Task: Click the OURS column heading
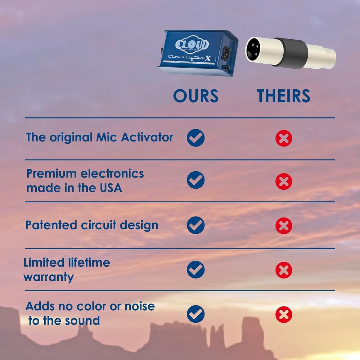[x=195, y=96]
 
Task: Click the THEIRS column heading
[x=283, y=96]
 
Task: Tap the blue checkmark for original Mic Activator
[x=195, y=138]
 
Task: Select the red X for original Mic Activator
[x=284, y=138]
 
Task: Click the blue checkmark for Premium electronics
[x=195, y=180]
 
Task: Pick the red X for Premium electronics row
[x=284, y=181]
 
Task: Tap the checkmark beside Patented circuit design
[x=195, y=225]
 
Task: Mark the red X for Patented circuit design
[x=284, y=226]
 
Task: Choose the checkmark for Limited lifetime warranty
[x=195, y=270]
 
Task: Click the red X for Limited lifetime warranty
[x=284, y=270]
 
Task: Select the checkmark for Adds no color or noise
[x=195, y=314]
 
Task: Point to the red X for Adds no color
[x=284, y=315]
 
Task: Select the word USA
[x=109, y=188]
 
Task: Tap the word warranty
[x=49, y=277]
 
